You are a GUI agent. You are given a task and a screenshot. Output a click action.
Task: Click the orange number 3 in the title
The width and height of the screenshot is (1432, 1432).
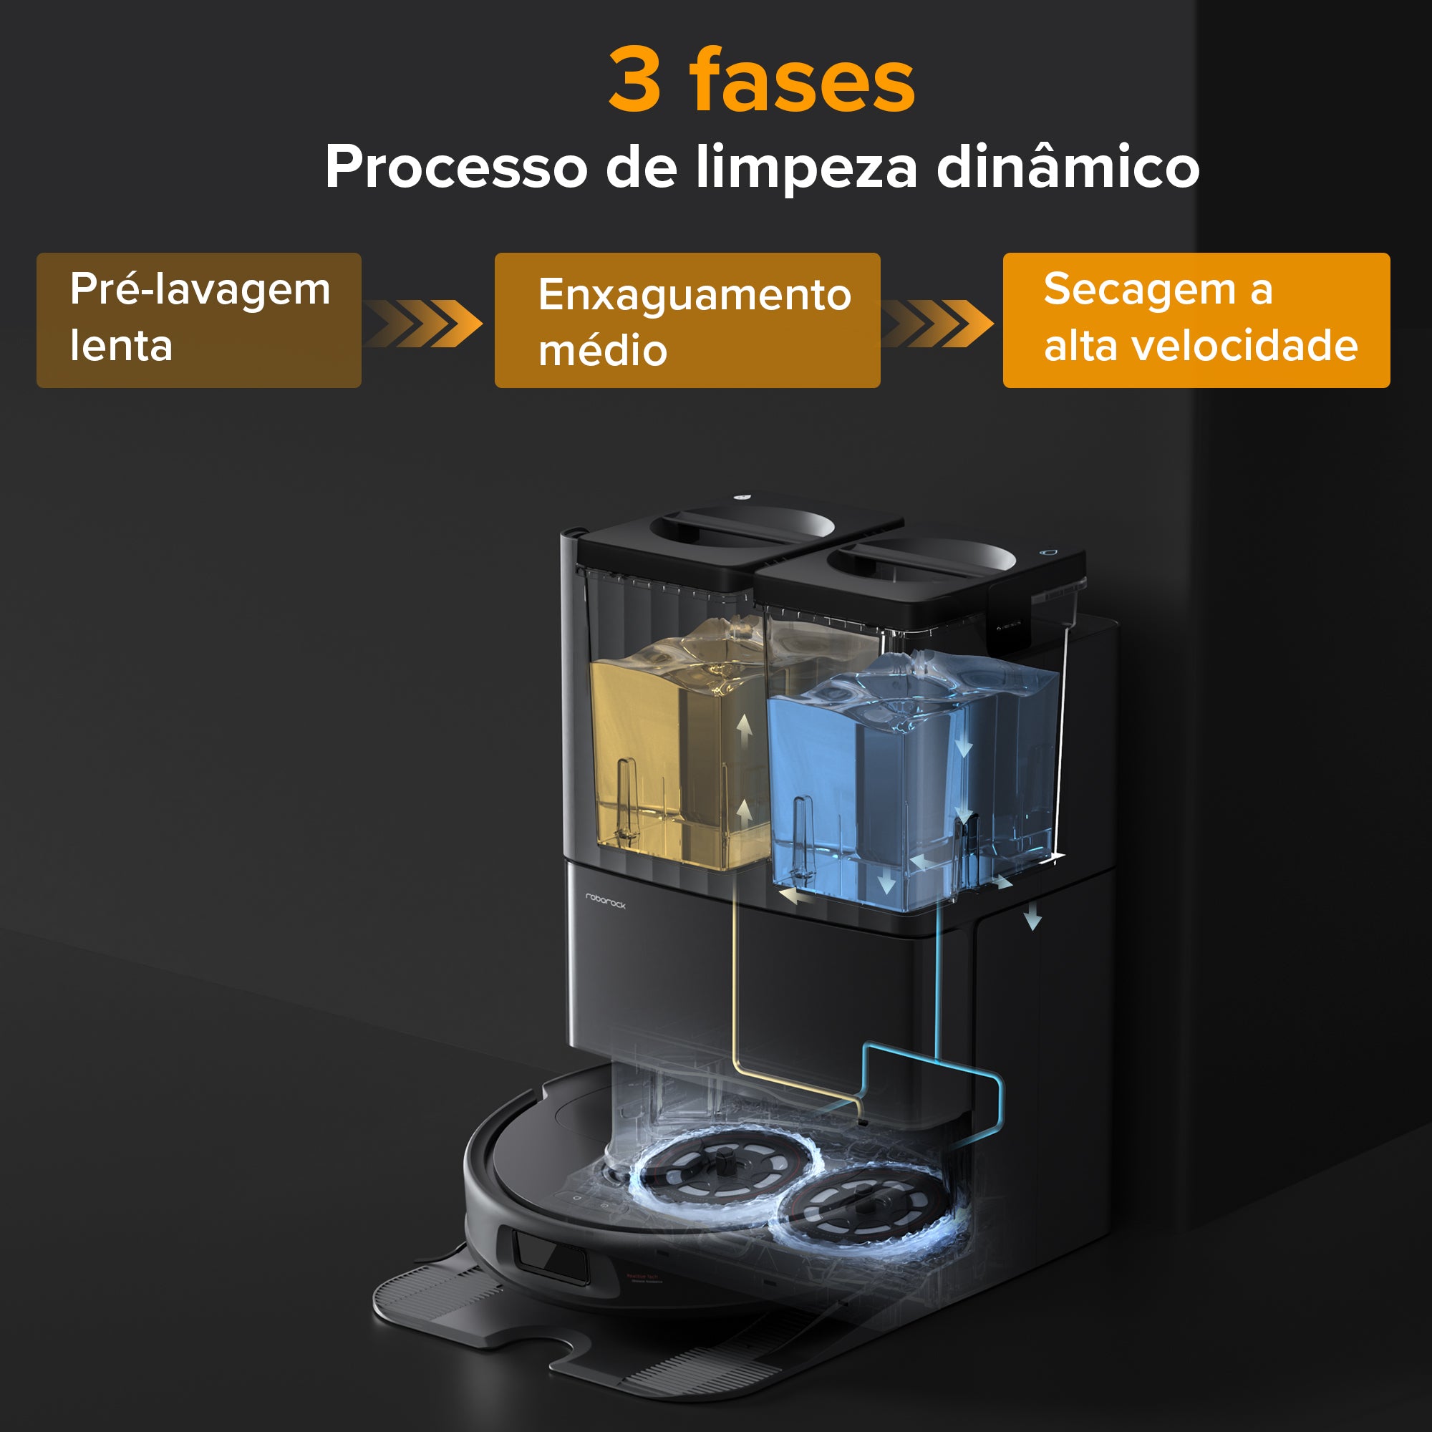[635, 79]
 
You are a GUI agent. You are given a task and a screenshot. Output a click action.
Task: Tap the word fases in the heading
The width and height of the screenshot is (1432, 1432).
[803, 79]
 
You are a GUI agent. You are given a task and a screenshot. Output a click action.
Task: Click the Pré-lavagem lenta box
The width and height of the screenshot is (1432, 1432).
[198, 320]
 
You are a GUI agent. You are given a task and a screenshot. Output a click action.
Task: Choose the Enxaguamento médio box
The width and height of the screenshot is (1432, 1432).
[687, 320]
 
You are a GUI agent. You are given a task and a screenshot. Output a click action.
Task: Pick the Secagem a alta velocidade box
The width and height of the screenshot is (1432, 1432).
[1196, 320]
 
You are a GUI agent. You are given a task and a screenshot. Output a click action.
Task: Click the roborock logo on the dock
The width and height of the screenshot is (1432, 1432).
[606, 901]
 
